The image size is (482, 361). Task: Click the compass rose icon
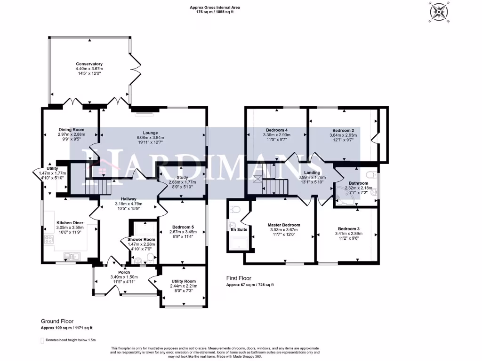click(440, 12)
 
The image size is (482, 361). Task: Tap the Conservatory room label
click(89, 64)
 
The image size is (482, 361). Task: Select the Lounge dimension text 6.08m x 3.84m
click(150, 138)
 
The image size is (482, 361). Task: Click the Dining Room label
click(72, 130)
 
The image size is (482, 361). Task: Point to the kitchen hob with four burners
click(49, 239)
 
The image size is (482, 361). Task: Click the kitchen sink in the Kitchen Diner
click(72, 256)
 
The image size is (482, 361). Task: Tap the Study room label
click(182, 177)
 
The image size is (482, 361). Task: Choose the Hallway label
click(129, 199)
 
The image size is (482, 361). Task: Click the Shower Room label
click(141, 239)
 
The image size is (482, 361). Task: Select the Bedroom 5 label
click(183, 227)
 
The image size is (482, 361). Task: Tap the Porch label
click(124, 272)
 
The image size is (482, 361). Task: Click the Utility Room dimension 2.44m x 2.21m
click(184, 286)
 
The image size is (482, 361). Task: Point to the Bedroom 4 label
click(277, 130)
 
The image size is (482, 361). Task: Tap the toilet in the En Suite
click(235, 210)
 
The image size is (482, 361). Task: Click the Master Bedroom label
click(284, 225)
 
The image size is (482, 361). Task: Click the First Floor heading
click(239, 278)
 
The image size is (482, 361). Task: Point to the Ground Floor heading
click(57, 321)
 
